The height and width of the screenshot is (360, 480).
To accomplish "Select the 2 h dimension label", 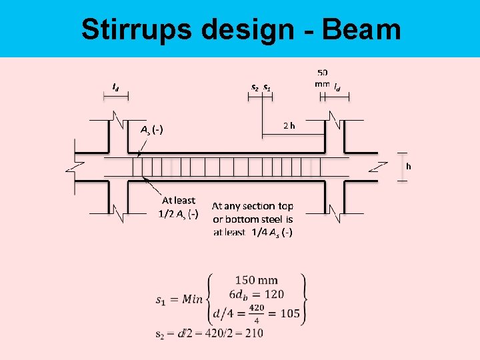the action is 289,125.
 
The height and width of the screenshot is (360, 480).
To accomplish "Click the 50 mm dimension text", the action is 322,78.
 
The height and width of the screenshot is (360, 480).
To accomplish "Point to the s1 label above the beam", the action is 267,87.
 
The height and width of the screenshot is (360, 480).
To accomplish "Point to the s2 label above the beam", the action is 255,87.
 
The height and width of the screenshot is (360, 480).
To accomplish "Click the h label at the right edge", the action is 409,166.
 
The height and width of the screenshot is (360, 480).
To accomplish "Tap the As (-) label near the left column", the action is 153,129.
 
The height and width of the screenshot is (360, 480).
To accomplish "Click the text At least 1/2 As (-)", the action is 178,207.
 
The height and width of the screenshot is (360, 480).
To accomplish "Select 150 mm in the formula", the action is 257,280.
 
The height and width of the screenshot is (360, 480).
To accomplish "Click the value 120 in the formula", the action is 273,294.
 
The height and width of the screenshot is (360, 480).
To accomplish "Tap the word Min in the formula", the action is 193,299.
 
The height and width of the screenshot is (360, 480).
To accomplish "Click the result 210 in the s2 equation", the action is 253,333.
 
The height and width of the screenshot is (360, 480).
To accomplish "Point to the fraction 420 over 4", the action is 257,313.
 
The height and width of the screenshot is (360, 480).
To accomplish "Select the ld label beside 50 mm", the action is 338,87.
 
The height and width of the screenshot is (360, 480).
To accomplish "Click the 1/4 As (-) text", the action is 271,232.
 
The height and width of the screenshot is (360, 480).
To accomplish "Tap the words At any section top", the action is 252,206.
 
